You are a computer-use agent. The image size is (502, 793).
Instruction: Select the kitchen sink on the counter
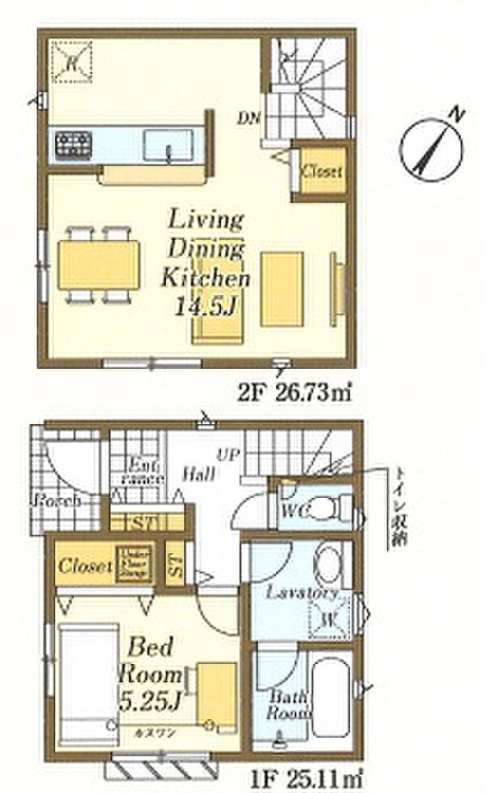(x=168, y=146)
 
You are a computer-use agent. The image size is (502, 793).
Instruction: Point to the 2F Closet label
(x=321, y=172)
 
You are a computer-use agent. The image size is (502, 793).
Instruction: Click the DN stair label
(x=248, y=118)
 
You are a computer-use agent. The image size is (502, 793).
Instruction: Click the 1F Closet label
(x=85, y=565)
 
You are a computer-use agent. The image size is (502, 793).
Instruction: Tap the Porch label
(x=56, y=500)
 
